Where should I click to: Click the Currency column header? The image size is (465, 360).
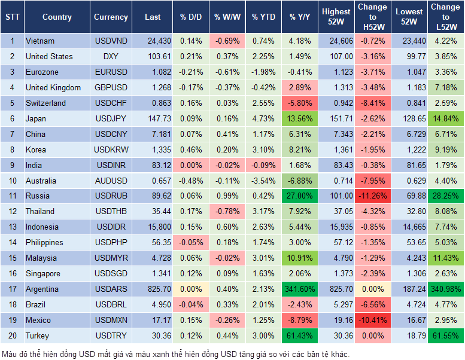pyautogui.click(x=111, y=17)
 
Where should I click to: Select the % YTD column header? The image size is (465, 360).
pyautogui.click(x=264, y=17)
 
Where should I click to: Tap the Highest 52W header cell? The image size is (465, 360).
pyautogui.click(x=336, y=17)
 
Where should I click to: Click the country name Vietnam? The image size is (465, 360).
pyautogui.click(x=40, y=41)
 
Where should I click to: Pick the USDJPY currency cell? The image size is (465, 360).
pyautogui.click(x=111, y=118)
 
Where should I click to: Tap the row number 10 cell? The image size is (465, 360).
pyautogui.click(x=12, y=180)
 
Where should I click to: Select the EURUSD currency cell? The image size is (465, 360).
pyautogui.click(x=111, y=72)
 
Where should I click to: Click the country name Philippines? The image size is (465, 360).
pyautogui.click(x=44, y=242)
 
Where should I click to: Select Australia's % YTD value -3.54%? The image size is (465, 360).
pyautogui.click(x=264, y=180)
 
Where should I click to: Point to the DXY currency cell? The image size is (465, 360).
pyautogui.click(x=111, y=56)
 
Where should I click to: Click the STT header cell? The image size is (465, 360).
pyautogui.click(x=12, y=17)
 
